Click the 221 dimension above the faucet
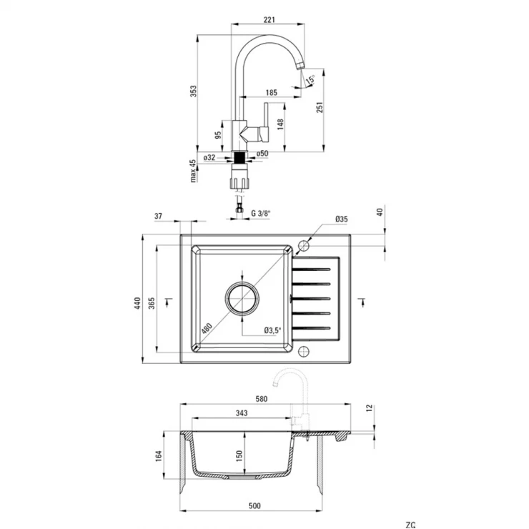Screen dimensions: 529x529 [269, 20]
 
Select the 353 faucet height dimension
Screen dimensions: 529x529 [193, 91]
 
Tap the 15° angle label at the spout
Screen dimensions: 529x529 [310, 79]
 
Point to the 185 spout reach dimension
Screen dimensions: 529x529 [271, 92]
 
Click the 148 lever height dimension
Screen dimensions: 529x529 [280, 124]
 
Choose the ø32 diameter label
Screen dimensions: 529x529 [209, 157]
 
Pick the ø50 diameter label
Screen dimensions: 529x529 [262, 154]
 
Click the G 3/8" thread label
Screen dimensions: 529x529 [261, 213]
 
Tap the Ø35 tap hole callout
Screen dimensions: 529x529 [342, 219]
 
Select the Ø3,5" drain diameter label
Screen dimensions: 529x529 [272, 330]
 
